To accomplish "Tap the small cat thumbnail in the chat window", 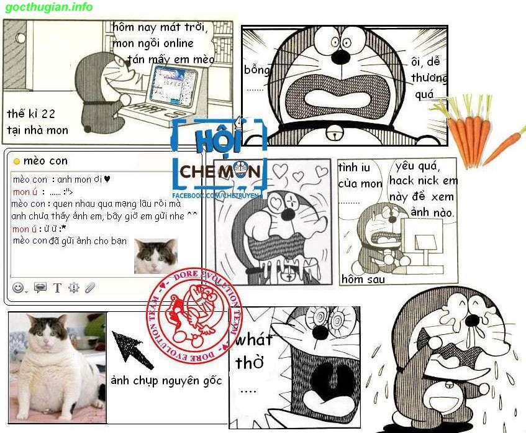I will (155, 256).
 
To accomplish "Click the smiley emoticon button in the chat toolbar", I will (18, 288).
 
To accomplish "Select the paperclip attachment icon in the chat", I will (90, 288).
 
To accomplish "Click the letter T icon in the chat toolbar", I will (57, 288).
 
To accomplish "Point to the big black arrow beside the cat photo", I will (132, 350).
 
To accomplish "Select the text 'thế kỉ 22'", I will (31, 114).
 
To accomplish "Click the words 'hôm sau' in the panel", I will (363, 280).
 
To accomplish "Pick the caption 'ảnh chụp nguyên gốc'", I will (166, 380).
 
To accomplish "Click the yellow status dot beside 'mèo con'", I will (17, 162).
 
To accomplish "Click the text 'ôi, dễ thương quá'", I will (428, 78).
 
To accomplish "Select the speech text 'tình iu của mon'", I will (360, 175).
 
